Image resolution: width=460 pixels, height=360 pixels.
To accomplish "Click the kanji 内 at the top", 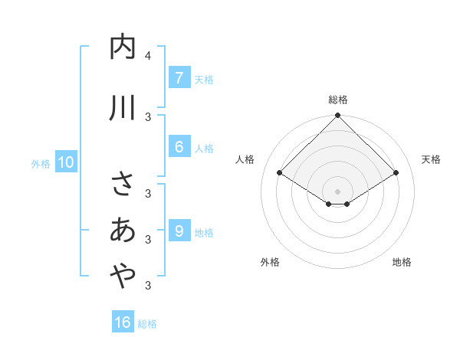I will pyautogui.click(x=123, y=47).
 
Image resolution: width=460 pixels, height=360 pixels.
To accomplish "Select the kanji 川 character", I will pyautogui.click(x=123, y=108).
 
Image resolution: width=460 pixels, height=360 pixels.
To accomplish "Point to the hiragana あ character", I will pyautogui.click(x=123, y=230).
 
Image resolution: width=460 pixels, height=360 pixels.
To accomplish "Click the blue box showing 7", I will pyautogui.click(x=179, y=77).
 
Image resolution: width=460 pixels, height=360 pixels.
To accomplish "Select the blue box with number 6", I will pyautogui.click(x=179, y=146).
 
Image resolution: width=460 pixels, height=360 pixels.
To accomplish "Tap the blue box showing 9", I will pyautogui.click(x=179, y=230).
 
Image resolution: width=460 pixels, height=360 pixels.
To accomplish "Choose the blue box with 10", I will pyautogui.click(x=65, y=162).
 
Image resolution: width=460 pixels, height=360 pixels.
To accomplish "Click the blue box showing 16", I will pyautogui.click(x=123, y=322).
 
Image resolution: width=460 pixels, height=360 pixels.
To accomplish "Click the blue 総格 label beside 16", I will pyautogui.click(x=147, y=324).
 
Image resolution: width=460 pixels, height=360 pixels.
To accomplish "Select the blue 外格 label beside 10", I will pyautogui.click(x=40, y=163).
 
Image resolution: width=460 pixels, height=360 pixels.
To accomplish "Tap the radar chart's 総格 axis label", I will pyautogui.click(x=338, y=100).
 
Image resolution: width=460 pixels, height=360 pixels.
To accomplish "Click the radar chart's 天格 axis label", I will pyautogui.click(x=431, y=159).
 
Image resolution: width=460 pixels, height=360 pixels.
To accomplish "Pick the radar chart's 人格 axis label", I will pyautogui.click(x=245, y=159).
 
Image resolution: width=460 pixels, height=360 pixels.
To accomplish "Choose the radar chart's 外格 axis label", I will pyautogui.click(x=270, y=262).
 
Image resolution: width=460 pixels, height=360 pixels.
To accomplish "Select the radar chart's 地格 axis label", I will pyautogui.click(x=402, y=262).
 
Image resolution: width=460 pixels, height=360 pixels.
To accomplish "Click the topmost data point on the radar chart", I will pyautogui.click(x=338, y=116).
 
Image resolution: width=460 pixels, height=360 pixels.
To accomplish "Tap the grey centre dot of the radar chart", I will pyautogui.click(x=338, y=191).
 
